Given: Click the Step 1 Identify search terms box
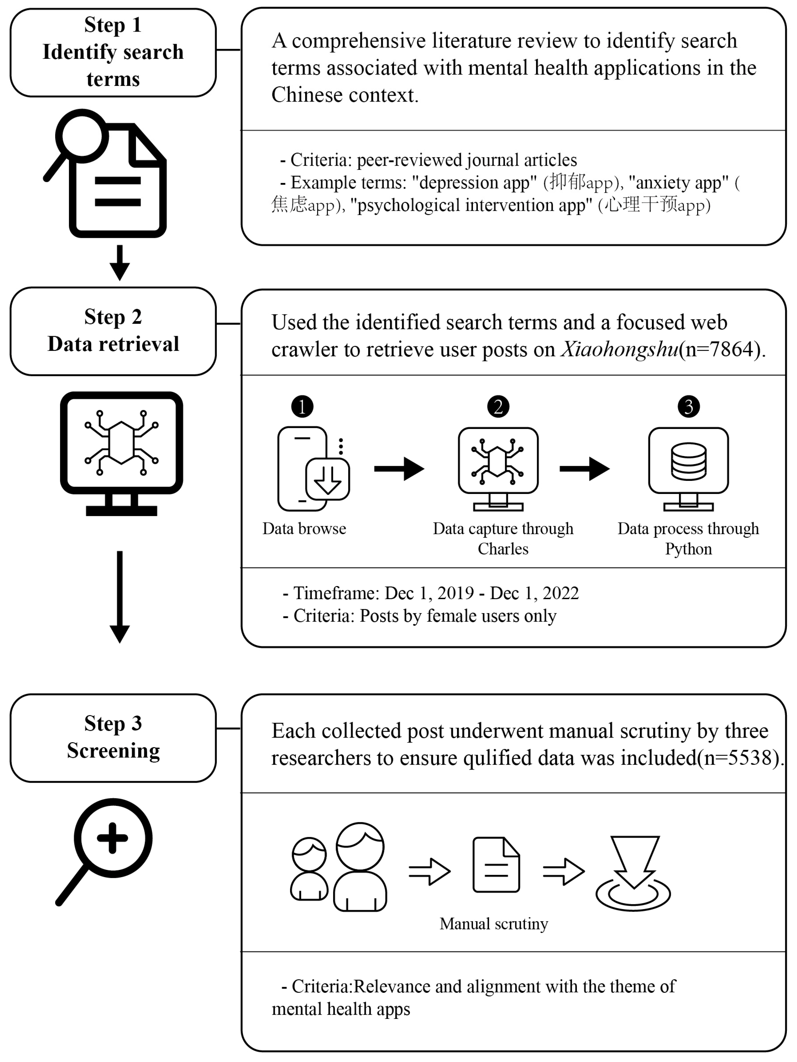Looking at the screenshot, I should pos(113,52).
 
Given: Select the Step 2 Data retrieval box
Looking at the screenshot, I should pos(113,331).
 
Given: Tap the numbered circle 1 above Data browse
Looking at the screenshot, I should pos(302,407).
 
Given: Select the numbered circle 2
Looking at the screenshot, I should pos(498,407).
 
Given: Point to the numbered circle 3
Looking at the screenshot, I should pos(689,407).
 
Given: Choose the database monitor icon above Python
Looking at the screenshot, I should pos(689,468).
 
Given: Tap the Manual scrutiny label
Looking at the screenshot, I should pos(494,924).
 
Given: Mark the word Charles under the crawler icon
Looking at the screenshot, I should pos(503,549).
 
